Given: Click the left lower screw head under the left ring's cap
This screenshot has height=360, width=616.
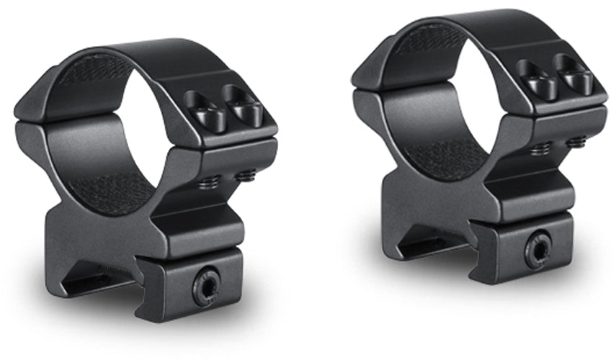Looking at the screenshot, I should click(208, 182).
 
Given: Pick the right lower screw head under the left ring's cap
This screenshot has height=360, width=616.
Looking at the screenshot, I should click(245, 174).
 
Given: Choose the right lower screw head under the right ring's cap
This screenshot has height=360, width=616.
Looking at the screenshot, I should click(576, 141).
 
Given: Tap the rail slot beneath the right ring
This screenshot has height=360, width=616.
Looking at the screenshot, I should click(425, 245).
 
